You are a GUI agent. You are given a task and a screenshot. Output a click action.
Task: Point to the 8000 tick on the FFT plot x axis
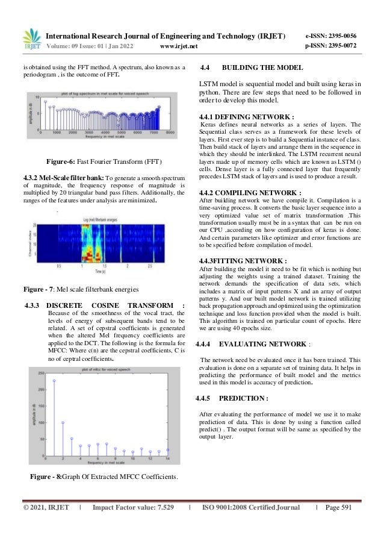pos(170,131)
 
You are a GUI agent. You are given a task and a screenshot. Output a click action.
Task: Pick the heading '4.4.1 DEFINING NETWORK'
pos(238,117)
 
